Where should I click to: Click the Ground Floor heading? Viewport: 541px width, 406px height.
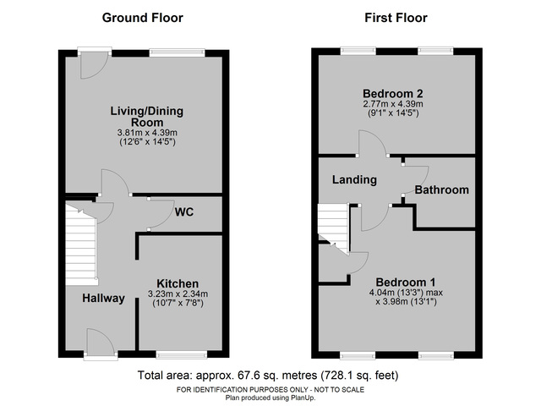point(142,18)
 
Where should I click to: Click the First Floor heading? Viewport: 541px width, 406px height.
point(396,18)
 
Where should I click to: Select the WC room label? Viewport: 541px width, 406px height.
point(184,212)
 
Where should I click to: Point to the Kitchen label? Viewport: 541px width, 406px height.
point(178,283)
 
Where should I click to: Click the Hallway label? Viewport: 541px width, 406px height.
point(103,299)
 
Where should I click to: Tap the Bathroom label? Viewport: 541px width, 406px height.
point(441,190)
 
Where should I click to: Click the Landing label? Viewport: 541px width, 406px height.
point(347,178)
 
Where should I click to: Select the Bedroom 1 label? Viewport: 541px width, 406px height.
point(405,282)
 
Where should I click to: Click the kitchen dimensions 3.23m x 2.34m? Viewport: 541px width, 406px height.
point(178,294)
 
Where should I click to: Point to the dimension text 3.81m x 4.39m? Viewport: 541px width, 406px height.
point(147,132)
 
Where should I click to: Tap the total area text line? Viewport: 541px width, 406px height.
point(267,375)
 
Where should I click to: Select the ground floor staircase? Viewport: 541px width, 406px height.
point(82,245)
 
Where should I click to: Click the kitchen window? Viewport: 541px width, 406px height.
point(181,355)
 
